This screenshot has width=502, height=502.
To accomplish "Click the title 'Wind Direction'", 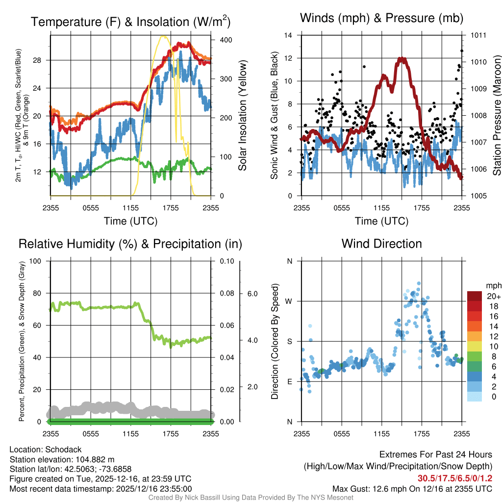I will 381,244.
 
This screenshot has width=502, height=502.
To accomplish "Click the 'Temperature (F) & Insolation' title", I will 130,22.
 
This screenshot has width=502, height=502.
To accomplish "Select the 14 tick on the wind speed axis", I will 289,35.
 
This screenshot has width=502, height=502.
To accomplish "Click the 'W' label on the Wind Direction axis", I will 289,301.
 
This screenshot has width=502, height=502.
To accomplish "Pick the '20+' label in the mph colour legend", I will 492,296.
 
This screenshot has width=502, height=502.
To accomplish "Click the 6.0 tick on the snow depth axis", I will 251,294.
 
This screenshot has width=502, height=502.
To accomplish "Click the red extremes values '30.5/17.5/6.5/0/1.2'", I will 455,478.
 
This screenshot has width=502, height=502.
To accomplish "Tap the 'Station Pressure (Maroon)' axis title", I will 496,116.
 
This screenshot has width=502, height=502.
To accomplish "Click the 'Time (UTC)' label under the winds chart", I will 381,221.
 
